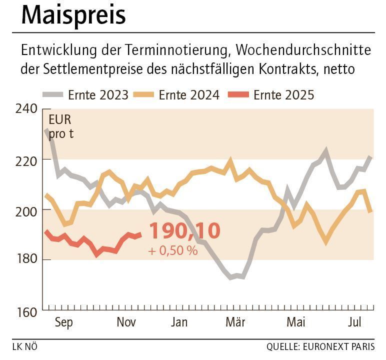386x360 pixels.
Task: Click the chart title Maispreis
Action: (73, 15)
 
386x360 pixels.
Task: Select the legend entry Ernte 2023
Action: (98, 94)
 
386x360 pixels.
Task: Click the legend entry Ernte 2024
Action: (189, 94)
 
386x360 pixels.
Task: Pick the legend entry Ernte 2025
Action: (283, 94)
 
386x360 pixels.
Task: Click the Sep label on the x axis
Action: (63, 322)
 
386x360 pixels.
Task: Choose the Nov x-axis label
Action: (126, 322)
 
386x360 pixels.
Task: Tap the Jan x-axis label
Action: (179, 322)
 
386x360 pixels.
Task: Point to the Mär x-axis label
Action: (235, 322)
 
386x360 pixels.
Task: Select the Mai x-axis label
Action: (295, 322)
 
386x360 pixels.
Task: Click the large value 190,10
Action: (184, 231)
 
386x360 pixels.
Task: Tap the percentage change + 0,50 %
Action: (173, 250)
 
